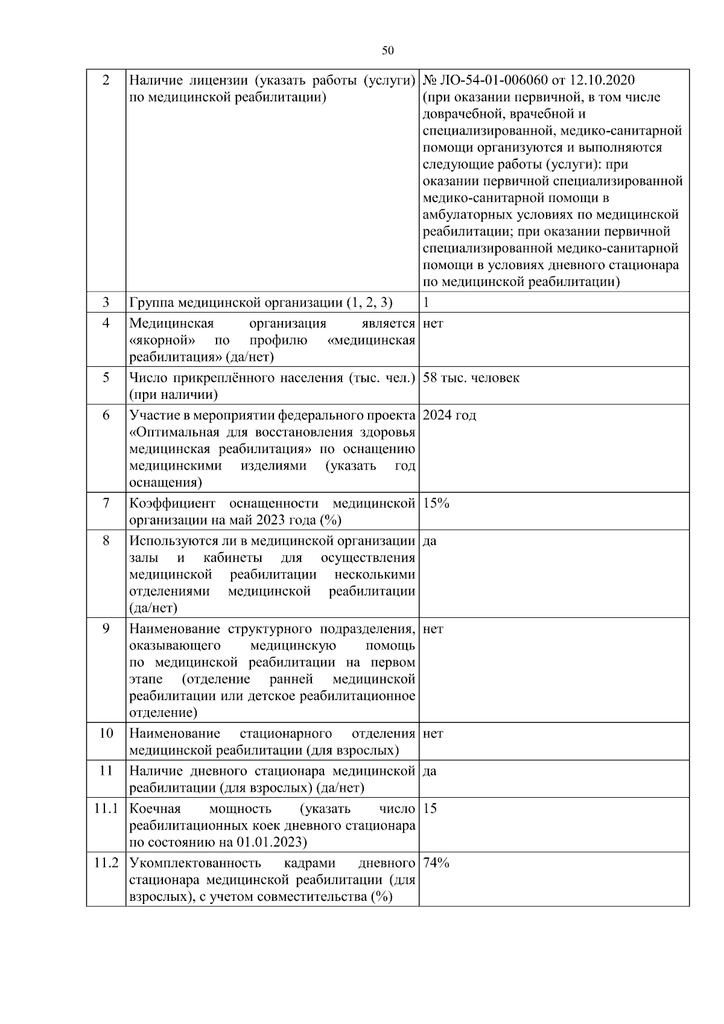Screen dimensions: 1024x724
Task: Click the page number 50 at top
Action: click(388, 51)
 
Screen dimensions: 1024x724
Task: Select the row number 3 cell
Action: click(106, 302)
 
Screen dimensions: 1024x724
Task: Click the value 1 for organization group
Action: click(426, 302)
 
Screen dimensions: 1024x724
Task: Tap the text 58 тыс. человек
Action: click(471, 378)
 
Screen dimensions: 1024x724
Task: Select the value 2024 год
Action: click(449, 415)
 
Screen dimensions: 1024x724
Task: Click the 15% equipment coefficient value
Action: click(436, 503)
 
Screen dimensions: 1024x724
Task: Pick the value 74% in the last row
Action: click(436, 863)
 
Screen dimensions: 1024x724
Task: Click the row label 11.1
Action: click(106, 808)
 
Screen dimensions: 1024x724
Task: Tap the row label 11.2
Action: click(106, 863)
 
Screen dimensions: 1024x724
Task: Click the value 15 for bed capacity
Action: click(430, 808)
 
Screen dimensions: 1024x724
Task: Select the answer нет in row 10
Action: click(433, 734)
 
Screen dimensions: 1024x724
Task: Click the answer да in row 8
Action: click(430, 541)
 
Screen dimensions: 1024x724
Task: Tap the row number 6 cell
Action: click(106, 415)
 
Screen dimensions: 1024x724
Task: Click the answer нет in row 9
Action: click(433, 629)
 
